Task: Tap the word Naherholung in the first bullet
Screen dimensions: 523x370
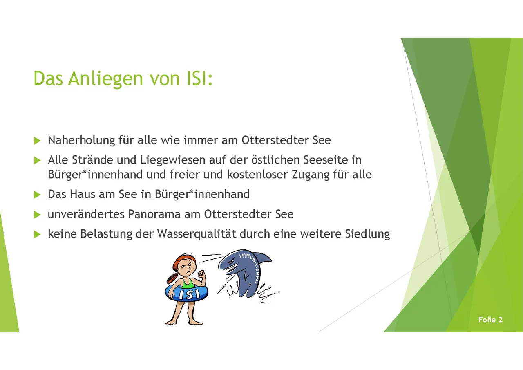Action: point(81,141)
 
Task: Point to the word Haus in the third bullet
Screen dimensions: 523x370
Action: point(82,194)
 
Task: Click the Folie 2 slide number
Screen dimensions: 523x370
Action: point(490,320)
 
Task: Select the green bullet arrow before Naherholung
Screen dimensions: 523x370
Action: point(37,141)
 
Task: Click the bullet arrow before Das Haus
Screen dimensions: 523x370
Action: point(37,195)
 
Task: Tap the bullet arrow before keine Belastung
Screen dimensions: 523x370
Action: point(37,234)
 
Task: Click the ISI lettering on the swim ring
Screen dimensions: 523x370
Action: point(189,294)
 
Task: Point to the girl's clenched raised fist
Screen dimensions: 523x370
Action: point(201,274)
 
